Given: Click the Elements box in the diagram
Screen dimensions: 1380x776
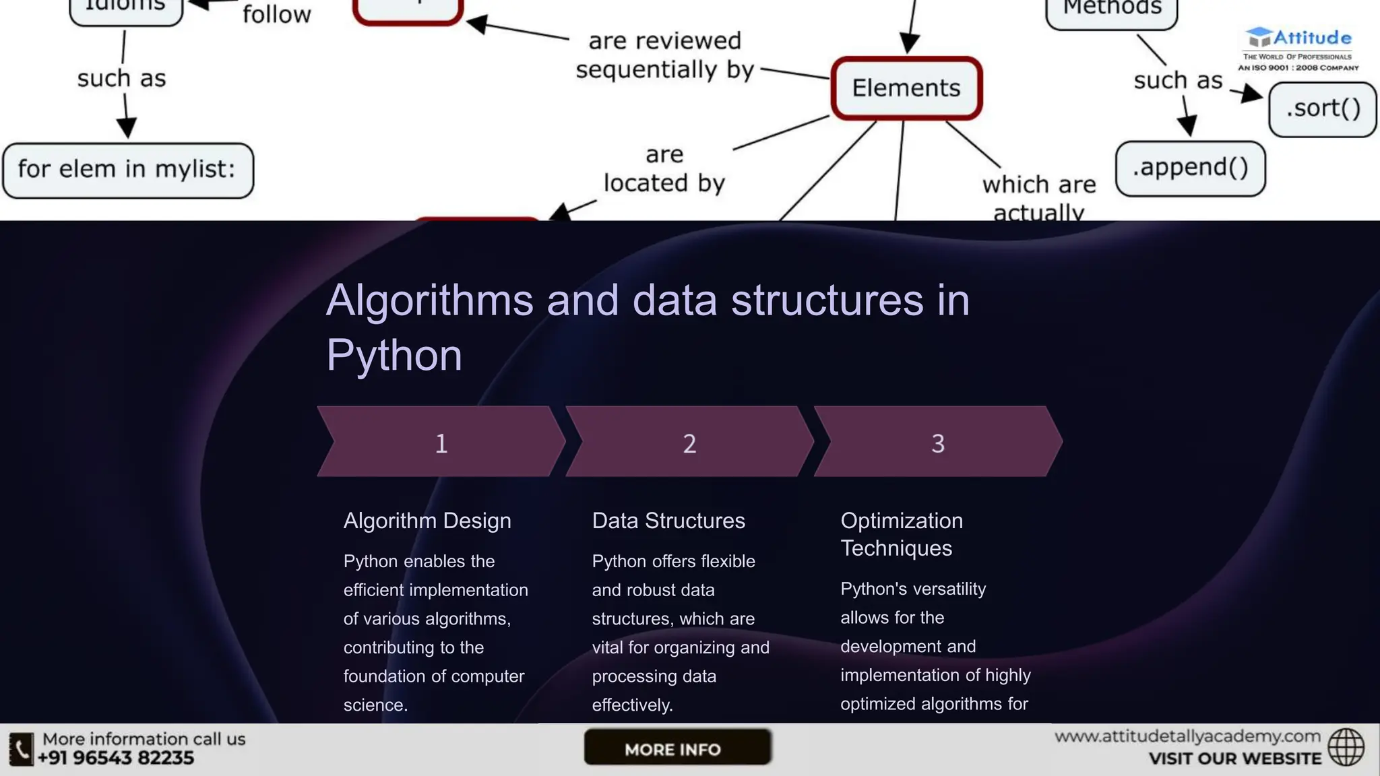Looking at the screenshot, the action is pyautogui.click(x=906, y=88).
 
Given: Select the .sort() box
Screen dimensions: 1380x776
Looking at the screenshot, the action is pyautogui.click(x=1322, y=109).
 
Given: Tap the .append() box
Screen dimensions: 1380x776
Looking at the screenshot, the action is pyautogui.click(x=1190, y=168).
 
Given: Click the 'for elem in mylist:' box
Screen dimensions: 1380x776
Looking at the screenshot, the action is pyautogui.click(x=127, y=170).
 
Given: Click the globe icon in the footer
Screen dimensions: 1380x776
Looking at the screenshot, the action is pyautogui.click(x=1346, y=747).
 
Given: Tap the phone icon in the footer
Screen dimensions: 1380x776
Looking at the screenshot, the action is pyautogui.click(x=21, y=749).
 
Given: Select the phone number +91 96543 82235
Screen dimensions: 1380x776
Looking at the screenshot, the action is pyautogui.click(x=116, y=758).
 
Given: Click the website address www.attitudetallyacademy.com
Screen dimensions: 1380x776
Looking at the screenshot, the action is pyautogui.click(x=1187, y=736).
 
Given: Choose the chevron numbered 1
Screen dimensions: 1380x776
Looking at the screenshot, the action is pyautogui.click(x=441, y=442).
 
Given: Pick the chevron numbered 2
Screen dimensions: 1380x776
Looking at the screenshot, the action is pyautogui.click(x=689, y=442).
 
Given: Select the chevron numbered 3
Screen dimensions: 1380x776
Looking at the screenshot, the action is pyautogui.click(x=937, y=442).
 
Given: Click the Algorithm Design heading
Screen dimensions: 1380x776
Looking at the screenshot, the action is pyautogui.click(x=427, y=521).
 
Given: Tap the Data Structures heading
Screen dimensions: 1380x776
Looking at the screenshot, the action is pyautogui.click(x=668, y=521).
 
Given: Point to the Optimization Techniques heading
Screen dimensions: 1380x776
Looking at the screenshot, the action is pyautogui.click(x=902, y=534).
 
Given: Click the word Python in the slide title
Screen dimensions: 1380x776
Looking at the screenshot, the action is pyautogui.click(x=394, y=355).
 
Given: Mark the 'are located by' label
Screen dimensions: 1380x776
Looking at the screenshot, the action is pyautogui.click(x=664, y=169).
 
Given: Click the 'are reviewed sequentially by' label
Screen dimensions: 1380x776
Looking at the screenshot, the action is pyautogui.click(x=664, y=55).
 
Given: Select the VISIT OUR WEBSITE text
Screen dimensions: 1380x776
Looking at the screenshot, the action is pyautogui.click(x=1234, y=759).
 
